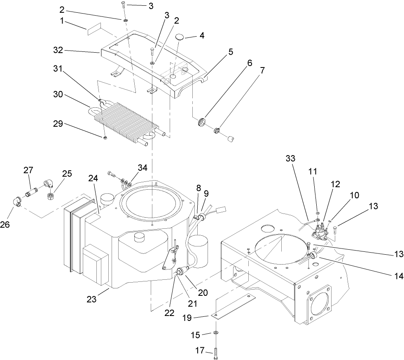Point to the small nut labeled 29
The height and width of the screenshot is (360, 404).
pyautogui.click(x=105, y=137)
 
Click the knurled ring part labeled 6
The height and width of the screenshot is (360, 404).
pyautogui.click(x=201, y=123)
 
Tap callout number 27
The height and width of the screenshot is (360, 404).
pyautogui.click(x=28, y=170)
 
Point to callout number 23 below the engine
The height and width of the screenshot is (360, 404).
pyautogui.click(x=91, y=300)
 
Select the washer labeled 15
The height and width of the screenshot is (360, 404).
pyautogui.click(x=216, y=332)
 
